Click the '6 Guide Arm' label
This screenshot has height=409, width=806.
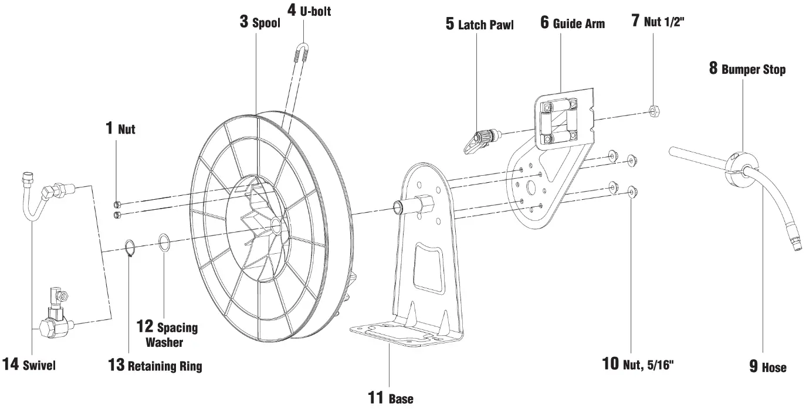point(572,23)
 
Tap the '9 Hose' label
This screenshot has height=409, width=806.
point(767,367)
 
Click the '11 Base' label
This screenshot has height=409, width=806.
point(390,398)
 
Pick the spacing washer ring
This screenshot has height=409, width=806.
point(165,243)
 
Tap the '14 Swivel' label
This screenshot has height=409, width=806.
point(29,365)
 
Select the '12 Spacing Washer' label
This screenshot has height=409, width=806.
point(167,334)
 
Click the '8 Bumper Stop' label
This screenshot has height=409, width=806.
point(747,69)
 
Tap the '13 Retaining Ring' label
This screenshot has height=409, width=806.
point(155,366)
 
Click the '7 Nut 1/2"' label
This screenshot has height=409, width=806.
point(658,23)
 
